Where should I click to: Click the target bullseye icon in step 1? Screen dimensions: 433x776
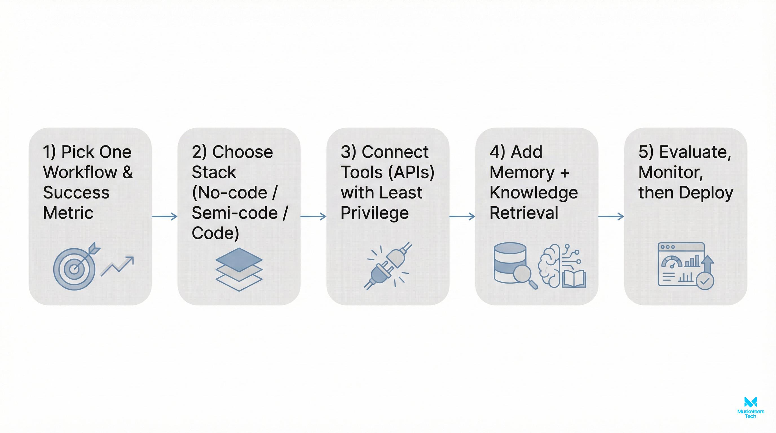pyautogui.click(x=74, y=268)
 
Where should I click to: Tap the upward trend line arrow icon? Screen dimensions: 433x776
pyautogui.click(x=118, y=266)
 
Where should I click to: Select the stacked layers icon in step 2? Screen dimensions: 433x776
pyautogui.click(x=239, y=269)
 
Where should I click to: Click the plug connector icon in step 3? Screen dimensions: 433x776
pyautogui.click(x=388, y=266)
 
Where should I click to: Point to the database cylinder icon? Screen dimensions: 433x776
pyautogui.click(x=510, y=262)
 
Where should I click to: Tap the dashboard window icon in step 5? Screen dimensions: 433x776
pyautogui.click(x=681, y=264)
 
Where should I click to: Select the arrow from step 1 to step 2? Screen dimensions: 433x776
pyautogui.click(x=164, y=216)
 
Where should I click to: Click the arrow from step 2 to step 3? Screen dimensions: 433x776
pyautogui.click(x=313, y=216)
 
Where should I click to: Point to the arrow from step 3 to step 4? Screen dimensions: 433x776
pyautogui.click(x=462, y=216)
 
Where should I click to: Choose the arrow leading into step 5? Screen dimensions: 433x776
pyautogui.click(x=611, y=216)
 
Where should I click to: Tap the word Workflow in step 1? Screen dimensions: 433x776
pyautogui.click(x=80, y=172)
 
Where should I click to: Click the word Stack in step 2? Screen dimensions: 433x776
pyautogui.click(x=214, y=172)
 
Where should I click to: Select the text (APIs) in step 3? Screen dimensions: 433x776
pyautogui.click(x=411, y=172)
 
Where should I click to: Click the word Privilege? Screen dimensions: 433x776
pyautogui.click(x=374, y=213)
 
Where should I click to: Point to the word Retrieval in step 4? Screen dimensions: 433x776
pyautogui.click(x=524, y=213)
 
